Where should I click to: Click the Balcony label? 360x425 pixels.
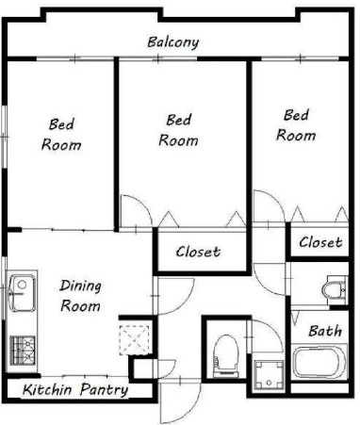tap(173, 42)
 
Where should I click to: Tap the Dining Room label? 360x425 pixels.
tap(81, 296)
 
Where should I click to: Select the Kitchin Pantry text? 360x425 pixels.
tap(75, 390)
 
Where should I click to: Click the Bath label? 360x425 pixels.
tap(325, 331)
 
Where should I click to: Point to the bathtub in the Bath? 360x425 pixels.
tap(320, 361)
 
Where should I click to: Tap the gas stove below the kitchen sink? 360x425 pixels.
tap(23, 351)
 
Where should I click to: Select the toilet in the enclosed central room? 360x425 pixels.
tap(225, 355)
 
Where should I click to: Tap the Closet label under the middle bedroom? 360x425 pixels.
tap(198, 252)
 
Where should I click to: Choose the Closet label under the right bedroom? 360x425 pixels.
tap(320, 242)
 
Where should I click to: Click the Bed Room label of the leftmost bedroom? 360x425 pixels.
tap(61, 135)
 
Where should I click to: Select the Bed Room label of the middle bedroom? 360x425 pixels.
tap(178, 130)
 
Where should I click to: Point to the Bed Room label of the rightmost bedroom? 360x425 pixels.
tap(296, 125)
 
